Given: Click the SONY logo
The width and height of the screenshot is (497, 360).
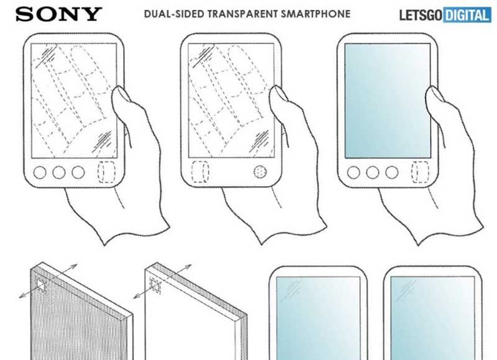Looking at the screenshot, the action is [58, 14].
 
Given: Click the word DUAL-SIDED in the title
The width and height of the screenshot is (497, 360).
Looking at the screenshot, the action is [174, 14].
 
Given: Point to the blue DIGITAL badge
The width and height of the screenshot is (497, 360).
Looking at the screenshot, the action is [467, 15].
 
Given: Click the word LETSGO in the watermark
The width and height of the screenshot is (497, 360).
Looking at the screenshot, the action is [421, 15].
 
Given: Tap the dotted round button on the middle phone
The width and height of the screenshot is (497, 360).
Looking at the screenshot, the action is [260, 171].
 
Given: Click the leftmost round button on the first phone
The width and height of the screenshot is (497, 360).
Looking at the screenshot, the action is [40, 173].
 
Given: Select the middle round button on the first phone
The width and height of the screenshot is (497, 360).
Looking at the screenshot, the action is [59, 173].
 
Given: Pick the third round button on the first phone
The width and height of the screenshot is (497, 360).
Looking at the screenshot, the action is [78, 173].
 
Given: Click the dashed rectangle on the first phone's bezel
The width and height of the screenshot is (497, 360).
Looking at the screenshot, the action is [106, 172].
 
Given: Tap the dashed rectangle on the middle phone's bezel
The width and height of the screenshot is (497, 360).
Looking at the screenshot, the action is [200, 171].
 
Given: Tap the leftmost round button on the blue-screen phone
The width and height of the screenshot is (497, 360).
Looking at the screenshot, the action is [353, 173].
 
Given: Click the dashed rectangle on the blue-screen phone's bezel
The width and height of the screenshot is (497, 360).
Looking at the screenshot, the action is [421, 172].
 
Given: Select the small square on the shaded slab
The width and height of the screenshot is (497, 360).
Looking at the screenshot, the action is [41, 286].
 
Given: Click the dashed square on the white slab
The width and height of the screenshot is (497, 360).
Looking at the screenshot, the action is [155, 286].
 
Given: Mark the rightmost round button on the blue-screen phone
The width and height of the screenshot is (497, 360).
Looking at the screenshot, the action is [392, 173].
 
